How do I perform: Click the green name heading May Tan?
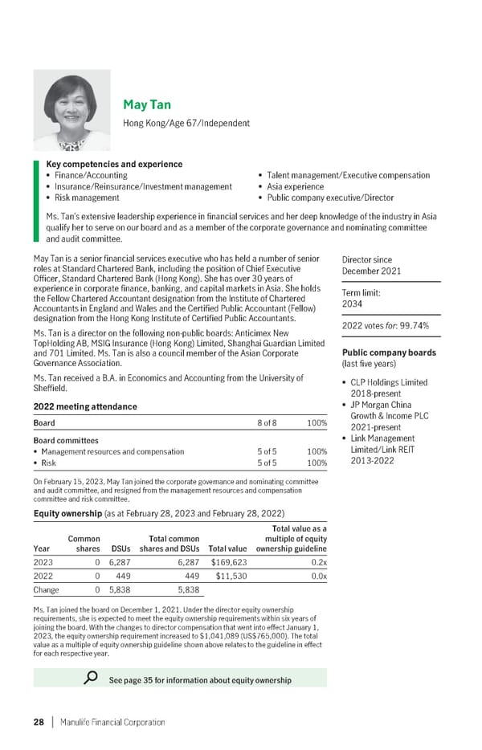[146, 105]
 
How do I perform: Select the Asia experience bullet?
[292, 186]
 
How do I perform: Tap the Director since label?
[367, 260]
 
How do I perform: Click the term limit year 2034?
[353, 304]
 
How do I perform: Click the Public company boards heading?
[389, 353]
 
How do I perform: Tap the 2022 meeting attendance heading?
[80, 406]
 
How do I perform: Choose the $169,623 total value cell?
[229, 562]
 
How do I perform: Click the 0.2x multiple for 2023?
[319, 562]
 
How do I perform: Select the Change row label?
[47, 589]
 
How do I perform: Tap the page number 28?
[39, 722]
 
